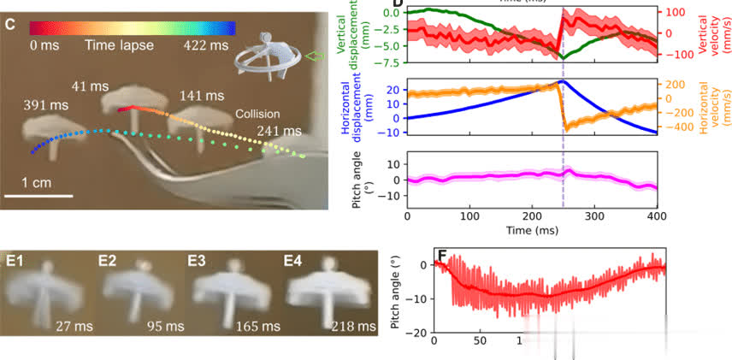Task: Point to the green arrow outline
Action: [316, 56]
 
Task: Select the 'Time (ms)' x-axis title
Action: [531, 231]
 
